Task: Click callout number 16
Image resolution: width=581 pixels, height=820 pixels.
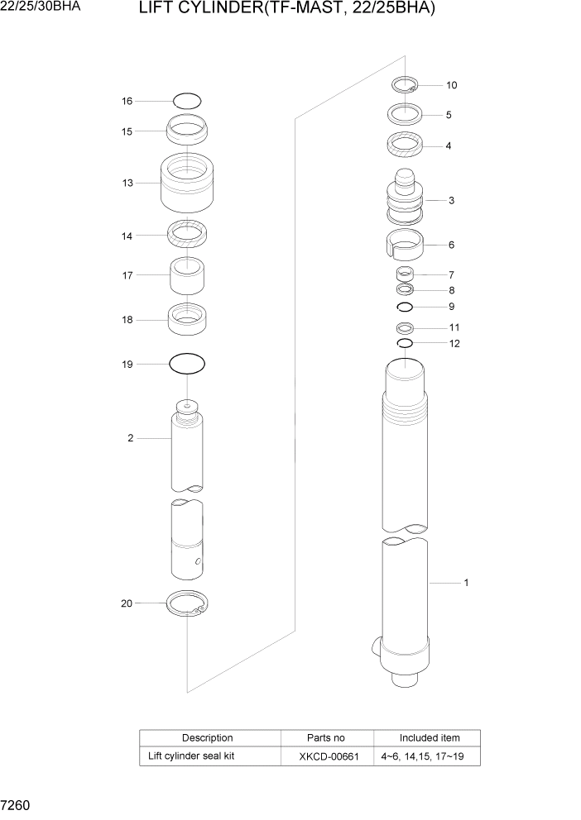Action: pyautogui.click(x=127, y=101)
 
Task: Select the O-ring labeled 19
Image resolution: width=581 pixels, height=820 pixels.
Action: pyautogui.click(x=187, y=363)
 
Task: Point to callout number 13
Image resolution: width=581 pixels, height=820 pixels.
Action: pyautogui.click(x=127, y=183)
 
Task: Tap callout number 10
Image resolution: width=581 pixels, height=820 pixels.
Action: pyautogui.click(x=451, y=85)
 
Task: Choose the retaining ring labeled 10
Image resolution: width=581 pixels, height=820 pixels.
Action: pyautogui.click(x=405, y=84)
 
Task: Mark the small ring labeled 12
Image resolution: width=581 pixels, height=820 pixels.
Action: pyautogui.click(x=405, y=343)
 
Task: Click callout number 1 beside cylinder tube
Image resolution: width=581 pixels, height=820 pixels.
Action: pyautogui.click(x=466, y=583)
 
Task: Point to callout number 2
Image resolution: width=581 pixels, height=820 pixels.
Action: pyautogui.click(x=130, y=438)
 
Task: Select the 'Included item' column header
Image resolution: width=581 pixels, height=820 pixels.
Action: pyautogui.click(x=429, y=737)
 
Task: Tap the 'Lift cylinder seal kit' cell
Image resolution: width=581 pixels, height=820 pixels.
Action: pyautogui.click(x=191, y=756)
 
